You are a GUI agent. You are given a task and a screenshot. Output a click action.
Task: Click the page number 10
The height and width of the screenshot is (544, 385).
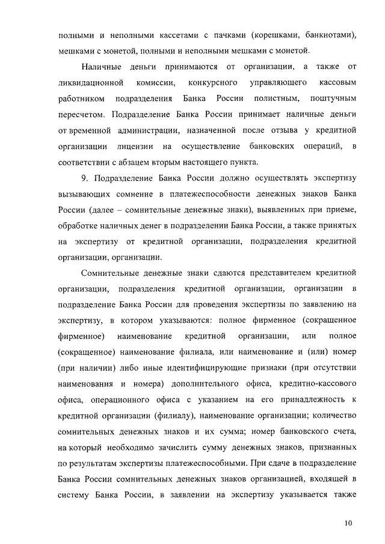(x=349, y=523)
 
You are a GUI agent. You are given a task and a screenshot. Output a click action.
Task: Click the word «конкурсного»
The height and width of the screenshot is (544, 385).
(x=212, y=81)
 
